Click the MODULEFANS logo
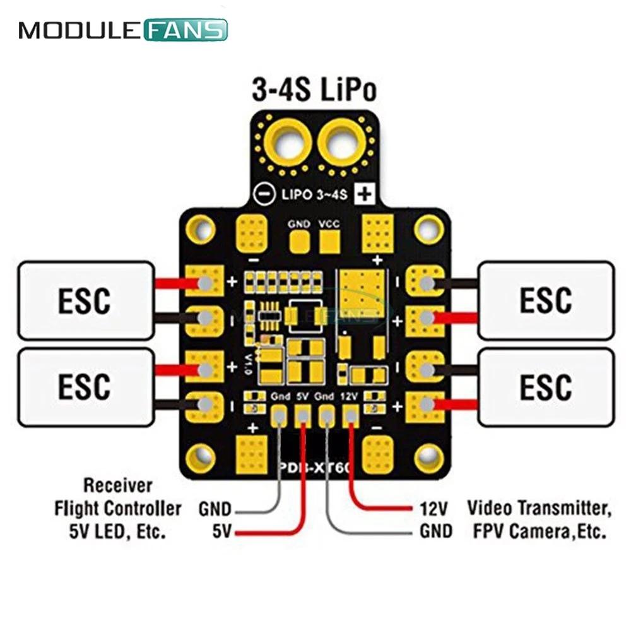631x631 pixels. coord(123,30)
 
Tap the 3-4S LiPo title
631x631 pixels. coord(314,90)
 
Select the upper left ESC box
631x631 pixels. coord(85,301)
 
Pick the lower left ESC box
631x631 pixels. coord(85,386)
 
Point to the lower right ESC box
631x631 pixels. coord(546,386)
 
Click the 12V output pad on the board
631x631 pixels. coord(350,415)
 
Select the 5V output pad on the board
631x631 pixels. coord(302,415)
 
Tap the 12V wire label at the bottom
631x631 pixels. coord(433,508)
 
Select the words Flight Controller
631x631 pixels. coord(118,508)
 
